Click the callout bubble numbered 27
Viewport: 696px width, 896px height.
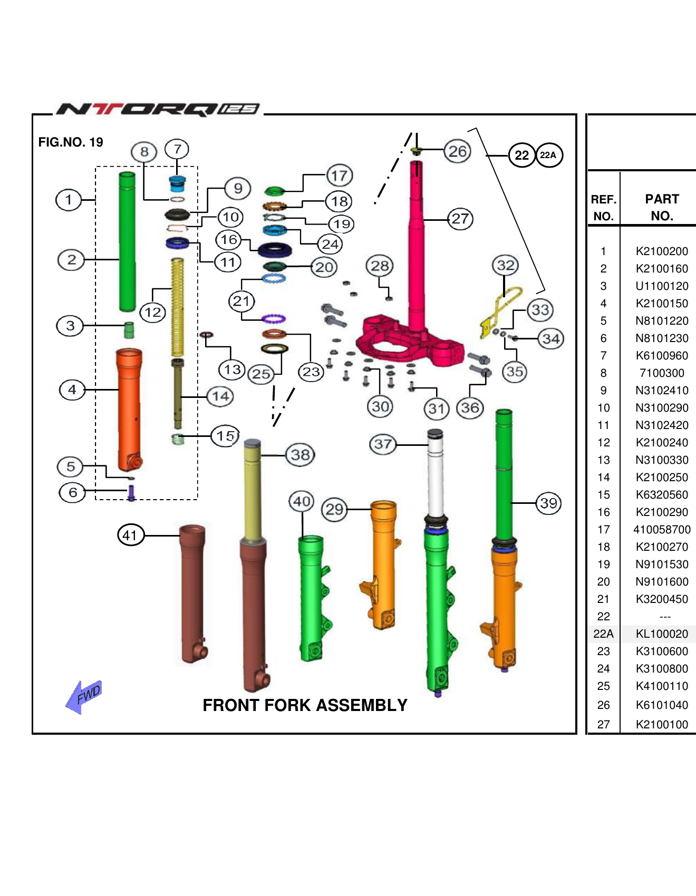(x=460, y=219)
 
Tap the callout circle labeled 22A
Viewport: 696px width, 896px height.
(x=549, y=155)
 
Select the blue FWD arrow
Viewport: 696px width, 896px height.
(x=84, y=696)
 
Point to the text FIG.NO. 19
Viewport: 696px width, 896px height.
(x=71, y=142)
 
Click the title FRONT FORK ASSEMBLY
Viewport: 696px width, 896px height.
(x=305, y=705)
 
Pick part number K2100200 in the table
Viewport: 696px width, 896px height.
(x=661, y=251)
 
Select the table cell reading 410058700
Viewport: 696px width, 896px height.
(x=661, y=530)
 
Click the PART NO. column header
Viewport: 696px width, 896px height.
(x=661, y=207)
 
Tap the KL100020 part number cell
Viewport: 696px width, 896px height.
(x=661, y=634)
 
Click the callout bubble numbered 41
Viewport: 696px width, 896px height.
(x=131, y=535)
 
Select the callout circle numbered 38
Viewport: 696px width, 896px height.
(x=301, y=455)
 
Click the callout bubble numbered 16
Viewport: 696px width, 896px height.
(x=229, y=240)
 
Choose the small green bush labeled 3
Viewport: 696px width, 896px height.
(x=129, y=330)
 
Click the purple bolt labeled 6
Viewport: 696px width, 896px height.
(x=131, y=493)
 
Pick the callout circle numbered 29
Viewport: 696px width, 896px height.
(x=334, y=510)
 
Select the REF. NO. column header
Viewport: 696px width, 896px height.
(x=603, y=207)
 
